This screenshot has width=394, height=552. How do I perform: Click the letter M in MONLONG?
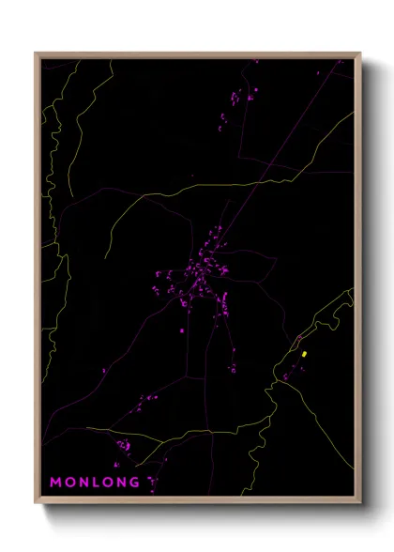tap(55, 483)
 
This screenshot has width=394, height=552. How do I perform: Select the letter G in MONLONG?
tap(136, 483)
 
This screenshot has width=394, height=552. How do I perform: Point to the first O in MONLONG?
tap(69, 483)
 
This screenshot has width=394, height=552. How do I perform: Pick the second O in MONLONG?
tap(108, 483)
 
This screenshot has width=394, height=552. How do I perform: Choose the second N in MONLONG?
tap(122, 483)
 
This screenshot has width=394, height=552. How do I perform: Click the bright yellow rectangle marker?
tap(305, 354)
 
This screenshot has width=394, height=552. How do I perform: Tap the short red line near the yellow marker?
tap(298, 337)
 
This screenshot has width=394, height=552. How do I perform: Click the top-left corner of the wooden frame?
tap(36, 54)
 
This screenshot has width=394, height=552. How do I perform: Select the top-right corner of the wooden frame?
tap(360, 54)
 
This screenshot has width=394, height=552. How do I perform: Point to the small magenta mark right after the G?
tap(150, 483)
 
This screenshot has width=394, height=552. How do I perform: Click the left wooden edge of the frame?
tap(38, 282)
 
